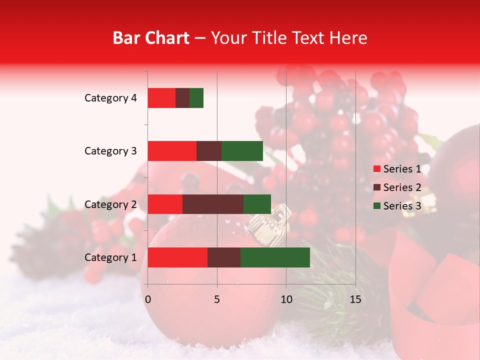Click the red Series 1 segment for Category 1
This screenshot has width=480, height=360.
[177, 257]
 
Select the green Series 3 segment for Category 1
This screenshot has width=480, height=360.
[275, 257]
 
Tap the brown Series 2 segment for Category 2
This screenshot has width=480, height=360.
[213, 204]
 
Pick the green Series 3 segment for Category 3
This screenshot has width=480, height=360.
[242, 151]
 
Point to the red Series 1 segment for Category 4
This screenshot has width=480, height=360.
[161, 98]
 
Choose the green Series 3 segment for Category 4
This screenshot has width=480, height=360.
[196, 98]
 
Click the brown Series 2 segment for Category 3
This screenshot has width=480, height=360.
[209, 151]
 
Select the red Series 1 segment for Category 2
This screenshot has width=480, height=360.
[165, 204]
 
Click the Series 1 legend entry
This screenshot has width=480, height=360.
[397, 169]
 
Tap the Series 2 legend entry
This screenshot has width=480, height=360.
[397, 187]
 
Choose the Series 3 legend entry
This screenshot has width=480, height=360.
[397, 206]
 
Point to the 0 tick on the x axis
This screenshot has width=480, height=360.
[148, 299]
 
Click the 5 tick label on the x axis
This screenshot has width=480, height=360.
[217, 299]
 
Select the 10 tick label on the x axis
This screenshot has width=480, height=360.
[286, 299]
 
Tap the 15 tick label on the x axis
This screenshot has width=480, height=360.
[355, 299]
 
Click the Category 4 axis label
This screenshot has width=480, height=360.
[110, 98]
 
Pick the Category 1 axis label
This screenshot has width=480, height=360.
[110, 257]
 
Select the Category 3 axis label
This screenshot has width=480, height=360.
[110, 151]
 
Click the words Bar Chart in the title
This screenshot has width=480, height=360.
[151, 38]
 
